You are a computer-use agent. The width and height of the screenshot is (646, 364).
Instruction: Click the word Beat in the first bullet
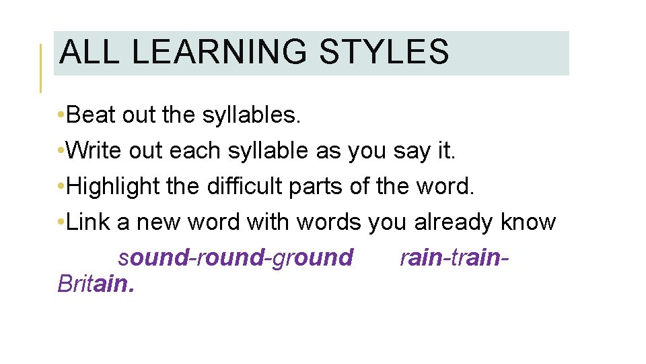92,116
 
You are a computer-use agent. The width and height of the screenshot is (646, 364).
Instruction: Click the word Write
94,151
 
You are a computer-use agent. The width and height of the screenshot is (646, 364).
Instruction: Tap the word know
529,222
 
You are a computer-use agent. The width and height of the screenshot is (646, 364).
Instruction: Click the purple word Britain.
96,284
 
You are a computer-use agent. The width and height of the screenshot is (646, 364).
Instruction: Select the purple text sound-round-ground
236,257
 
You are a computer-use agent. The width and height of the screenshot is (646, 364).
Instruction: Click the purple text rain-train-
454,257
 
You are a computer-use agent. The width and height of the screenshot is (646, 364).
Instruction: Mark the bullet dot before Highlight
62,187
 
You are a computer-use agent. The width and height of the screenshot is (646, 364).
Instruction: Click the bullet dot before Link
62,222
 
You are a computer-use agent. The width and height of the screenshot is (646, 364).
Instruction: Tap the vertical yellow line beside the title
41,67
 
